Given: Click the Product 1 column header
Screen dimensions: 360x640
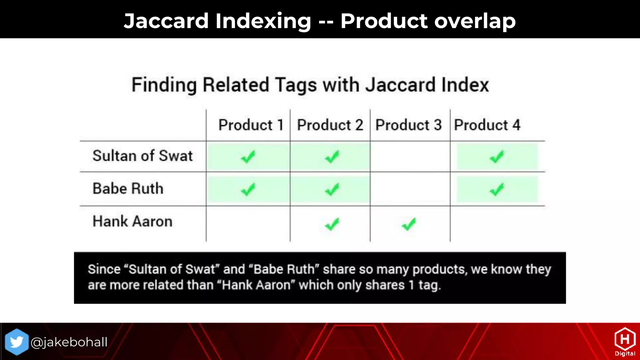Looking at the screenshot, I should tap(251, 125).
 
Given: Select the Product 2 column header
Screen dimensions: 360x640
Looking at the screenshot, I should tap(330, 125).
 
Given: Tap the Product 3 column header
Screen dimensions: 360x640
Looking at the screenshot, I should tap(408, 125).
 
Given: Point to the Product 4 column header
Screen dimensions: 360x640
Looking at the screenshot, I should tap(487, 125).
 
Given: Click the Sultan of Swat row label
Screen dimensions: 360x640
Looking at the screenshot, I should tap(142, 156).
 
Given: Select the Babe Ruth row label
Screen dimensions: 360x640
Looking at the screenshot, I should tap(128, 188).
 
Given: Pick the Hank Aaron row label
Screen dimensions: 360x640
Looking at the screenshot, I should tap(132, 221).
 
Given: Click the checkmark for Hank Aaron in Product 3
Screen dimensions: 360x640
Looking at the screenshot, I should tap(409, 224).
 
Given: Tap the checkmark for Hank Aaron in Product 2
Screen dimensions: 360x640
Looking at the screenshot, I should tap(332, 224).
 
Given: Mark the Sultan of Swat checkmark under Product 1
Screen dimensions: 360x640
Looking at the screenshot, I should tap(248, 157).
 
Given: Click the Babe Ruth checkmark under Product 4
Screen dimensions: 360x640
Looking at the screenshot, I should tap(497, 189).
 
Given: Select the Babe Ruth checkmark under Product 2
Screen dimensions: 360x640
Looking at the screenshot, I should tap(332, 189).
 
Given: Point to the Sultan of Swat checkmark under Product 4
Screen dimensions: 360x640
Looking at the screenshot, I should tap(497, 157).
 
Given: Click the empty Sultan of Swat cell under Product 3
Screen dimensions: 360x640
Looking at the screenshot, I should tap(410, 156).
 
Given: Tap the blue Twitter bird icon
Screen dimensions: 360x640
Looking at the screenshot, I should tap(17, 342).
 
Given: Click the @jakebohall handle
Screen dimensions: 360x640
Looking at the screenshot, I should tap(69, 342).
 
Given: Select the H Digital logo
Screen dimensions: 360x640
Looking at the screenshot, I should tap(625, 342).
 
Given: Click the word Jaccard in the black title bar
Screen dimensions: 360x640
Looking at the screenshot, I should tap(166, 21).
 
